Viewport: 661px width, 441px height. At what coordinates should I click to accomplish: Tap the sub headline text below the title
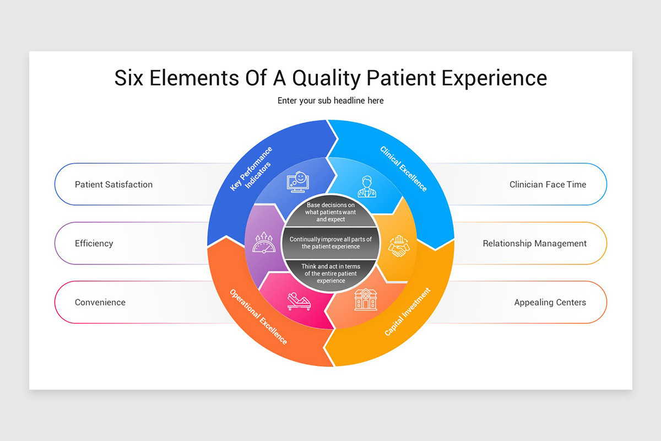point(330,100)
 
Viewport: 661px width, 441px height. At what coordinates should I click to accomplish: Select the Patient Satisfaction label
point(113,184)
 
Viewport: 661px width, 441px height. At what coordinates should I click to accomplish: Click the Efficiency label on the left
point(94,243)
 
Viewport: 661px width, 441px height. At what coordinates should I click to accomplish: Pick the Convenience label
point(100,302)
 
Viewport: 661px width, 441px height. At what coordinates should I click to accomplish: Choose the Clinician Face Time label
point(548,184)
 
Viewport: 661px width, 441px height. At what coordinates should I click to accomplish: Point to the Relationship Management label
point(534,243)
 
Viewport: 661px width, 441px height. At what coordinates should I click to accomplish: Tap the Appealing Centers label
point(550,302)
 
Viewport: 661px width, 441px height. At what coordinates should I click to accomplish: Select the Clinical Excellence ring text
point(404,168)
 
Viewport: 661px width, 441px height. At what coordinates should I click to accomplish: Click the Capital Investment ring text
point(407,312)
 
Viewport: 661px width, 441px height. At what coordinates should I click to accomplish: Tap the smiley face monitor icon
point(298,182)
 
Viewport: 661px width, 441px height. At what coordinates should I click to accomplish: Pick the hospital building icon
point(365,299)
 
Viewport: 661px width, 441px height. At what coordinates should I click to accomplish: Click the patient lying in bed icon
point(299,300)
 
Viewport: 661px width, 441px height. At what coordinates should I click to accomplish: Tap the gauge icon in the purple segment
point(263,243)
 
